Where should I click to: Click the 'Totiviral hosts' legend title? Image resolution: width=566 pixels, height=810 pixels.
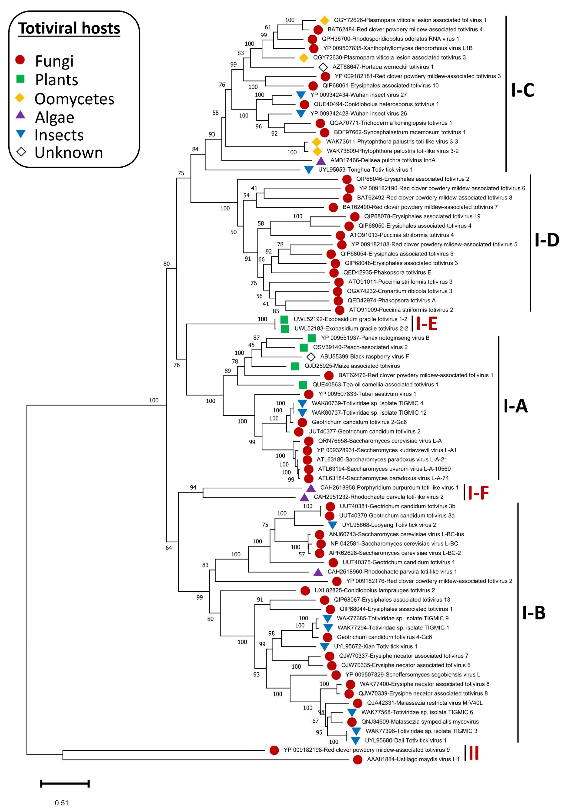point(69,28)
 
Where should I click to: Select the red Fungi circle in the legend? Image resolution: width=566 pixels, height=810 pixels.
point(20,60)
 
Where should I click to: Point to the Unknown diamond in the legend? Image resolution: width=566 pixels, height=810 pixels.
point(21,152)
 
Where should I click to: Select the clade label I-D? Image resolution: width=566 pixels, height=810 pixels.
point(547,240)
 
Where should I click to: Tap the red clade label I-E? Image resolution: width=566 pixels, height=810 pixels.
point(427,323)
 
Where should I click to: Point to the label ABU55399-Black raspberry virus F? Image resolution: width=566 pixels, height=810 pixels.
point(364,356)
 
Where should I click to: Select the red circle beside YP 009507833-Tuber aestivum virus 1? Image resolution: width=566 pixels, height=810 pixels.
point(309,394)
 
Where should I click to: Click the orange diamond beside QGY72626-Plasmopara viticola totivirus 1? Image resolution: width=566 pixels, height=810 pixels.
point(324,21)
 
